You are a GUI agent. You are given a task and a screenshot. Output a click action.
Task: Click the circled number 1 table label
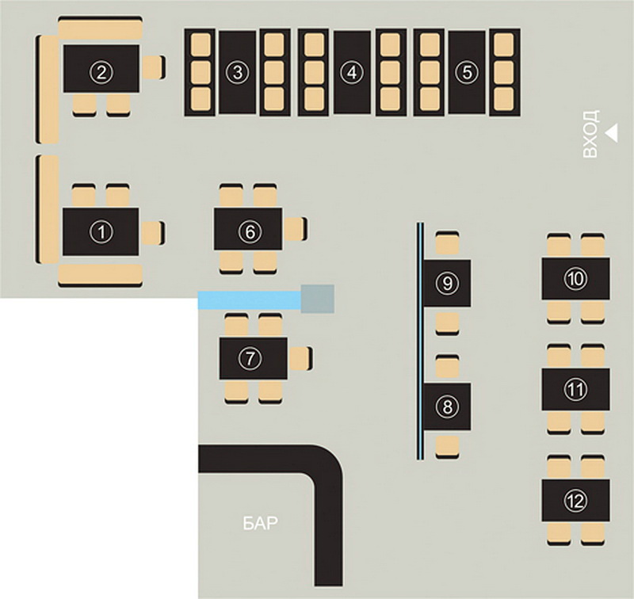[x=101, y=231]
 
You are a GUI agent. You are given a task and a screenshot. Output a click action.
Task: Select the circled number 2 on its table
[x=101, y=72]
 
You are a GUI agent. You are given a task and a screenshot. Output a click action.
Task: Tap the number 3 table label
[x=236, y=72]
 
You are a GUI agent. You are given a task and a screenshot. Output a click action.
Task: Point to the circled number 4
[x=351, y=72]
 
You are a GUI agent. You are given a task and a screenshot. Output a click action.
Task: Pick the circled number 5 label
[x=467, y=72]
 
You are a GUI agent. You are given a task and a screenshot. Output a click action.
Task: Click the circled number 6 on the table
[x=248, y=231]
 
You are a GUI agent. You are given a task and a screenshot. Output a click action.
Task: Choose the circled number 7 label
[x=250, y=358]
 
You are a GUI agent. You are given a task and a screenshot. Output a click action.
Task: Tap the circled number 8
[x=447, y=406]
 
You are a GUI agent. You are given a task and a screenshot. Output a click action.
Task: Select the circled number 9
[x=447, y=281]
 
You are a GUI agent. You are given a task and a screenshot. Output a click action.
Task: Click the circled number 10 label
[x=575, y=278]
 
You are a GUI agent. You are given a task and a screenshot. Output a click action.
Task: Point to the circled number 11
[x=575, y=389]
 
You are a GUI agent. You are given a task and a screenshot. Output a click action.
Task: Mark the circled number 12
[x=575, y=500]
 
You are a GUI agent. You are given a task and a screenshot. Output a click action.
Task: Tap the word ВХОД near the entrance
[x=590, y=135]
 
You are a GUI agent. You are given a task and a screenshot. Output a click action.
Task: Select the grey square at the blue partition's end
[x=319, y=298]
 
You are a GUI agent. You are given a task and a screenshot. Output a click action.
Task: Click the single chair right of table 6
[x=295, y=229]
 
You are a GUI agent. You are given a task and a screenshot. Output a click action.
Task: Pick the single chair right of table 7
[x=300, y=358]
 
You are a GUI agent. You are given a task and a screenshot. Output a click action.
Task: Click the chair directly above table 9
[x=448, y=243]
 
